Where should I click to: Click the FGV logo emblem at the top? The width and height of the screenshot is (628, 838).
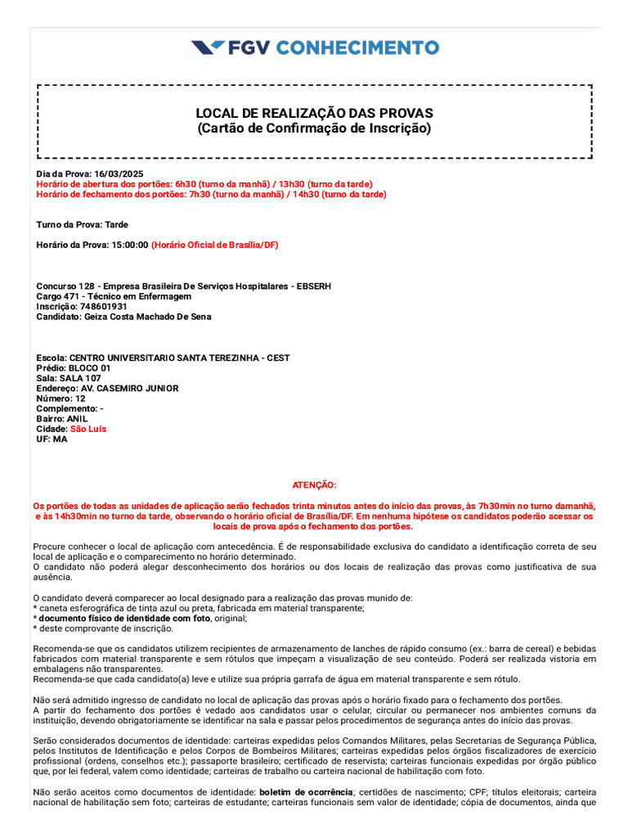click(x=207, y=47)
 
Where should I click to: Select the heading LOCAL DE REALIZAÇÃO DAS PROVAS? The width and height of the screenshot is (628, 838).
click(x=314, y=113)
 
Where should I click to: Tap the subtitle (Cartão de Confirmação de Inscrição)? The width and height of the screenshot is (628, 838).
click(x=314, y=128)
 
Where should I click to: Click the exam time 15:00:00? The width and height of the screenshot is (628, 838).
click(x=130, y=245)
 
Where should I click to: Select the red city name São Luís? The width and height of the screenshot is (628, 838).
click(x=88, y=429)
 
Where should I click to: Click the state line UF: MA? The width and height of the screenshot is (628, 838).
click(x=52, y=439)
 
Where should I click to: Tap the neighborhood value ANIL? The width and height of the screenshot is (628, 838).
click(x=77, y=419)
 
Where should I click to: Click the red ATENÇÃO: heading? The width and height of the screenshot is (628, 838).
click(x=314, y=485)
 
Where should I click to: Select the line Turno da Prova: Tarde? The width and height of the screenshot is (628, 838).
click(x=82, y=224)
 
